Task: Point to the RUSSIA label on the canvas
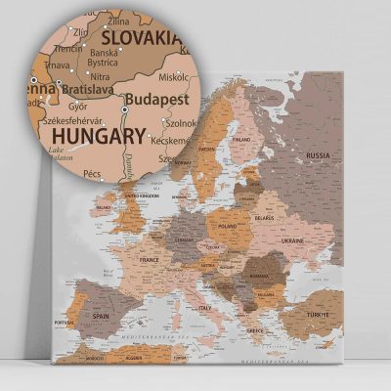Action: [x=319, y=154]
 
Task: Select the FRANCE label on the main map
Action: [x=150, y=260]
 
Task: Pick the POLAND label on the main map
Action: [x=228, y=225]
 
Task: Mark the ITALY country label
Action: [x=206, y=310]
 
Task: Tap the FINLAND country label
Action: [x=241, y=140]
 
